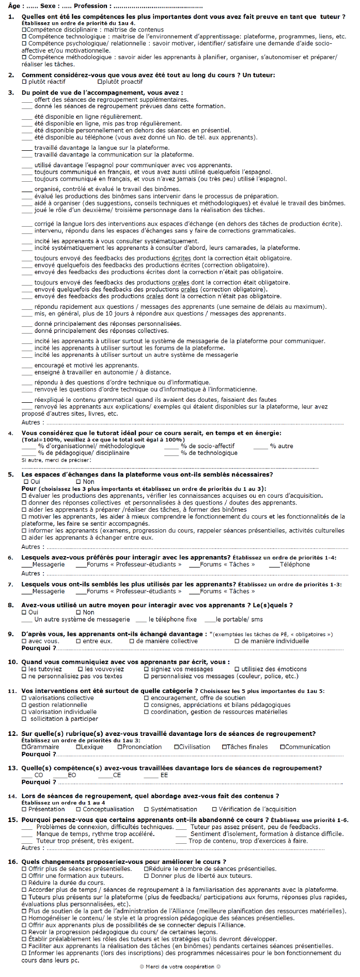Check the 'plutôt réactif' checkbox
pos(24,82)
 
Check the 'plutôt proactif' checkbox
pos(99,82)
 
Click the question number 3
pos(11,92)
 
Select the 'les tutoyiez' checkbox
pos(24,669)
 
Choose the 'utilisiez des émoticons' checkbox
pos(238,669)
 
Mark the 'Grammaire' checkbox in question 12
pos(24,747)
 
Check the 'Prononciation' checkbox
pos(120,747)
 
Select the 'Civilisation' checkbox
pos(177,747)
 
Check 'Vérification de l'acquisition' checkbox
pos(214,809)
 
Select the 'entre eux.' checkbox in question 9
pos(79,641)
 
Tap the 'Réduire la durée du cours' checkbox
pos(24,883)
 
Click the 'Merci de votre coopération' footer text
pos(180,967)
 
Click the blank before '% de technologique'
pos(171,453)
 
